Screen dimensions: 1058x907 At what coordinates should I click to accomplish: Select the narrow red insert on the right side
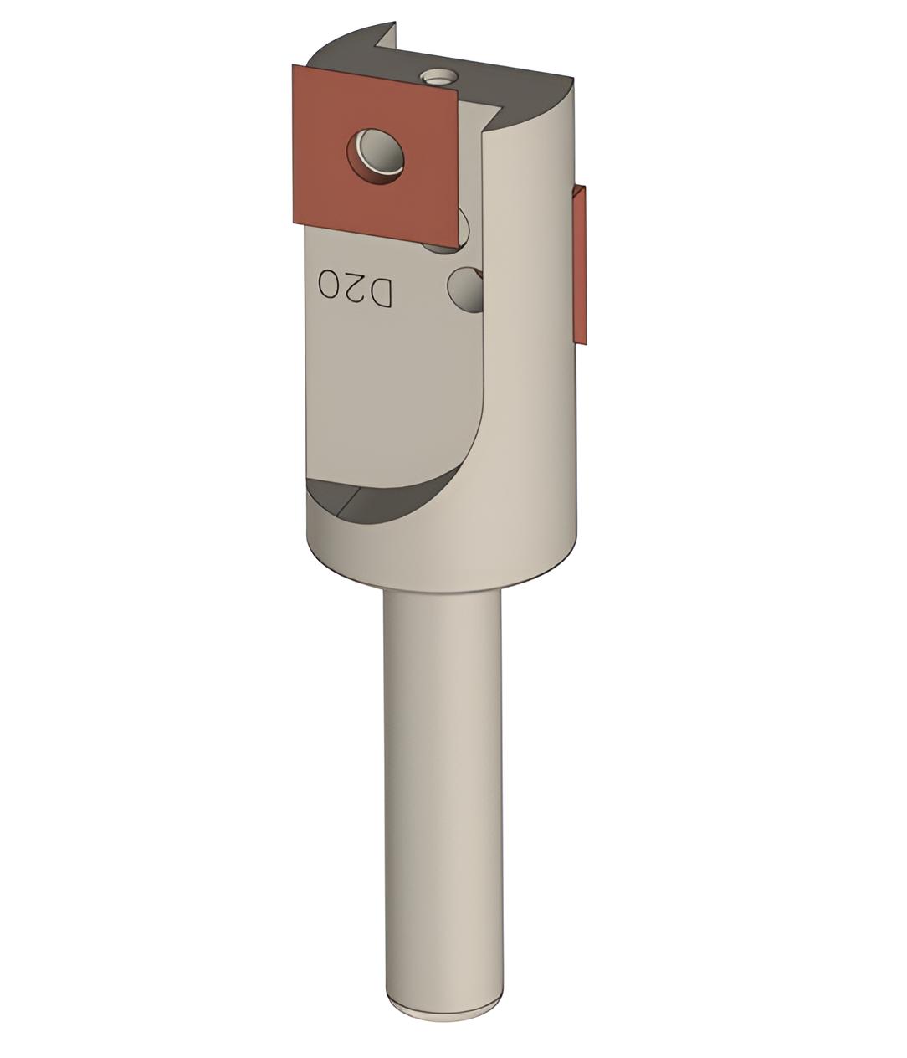coord(581,264)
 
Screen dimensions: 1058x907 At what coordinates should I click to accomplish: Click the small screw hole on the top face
coord(438,78)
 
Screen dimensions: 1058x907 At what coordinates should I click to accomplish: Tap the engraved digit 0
coord(330,285)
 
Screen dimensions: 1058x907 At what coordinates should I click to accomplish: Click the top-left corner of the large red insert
coord(293,66)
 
